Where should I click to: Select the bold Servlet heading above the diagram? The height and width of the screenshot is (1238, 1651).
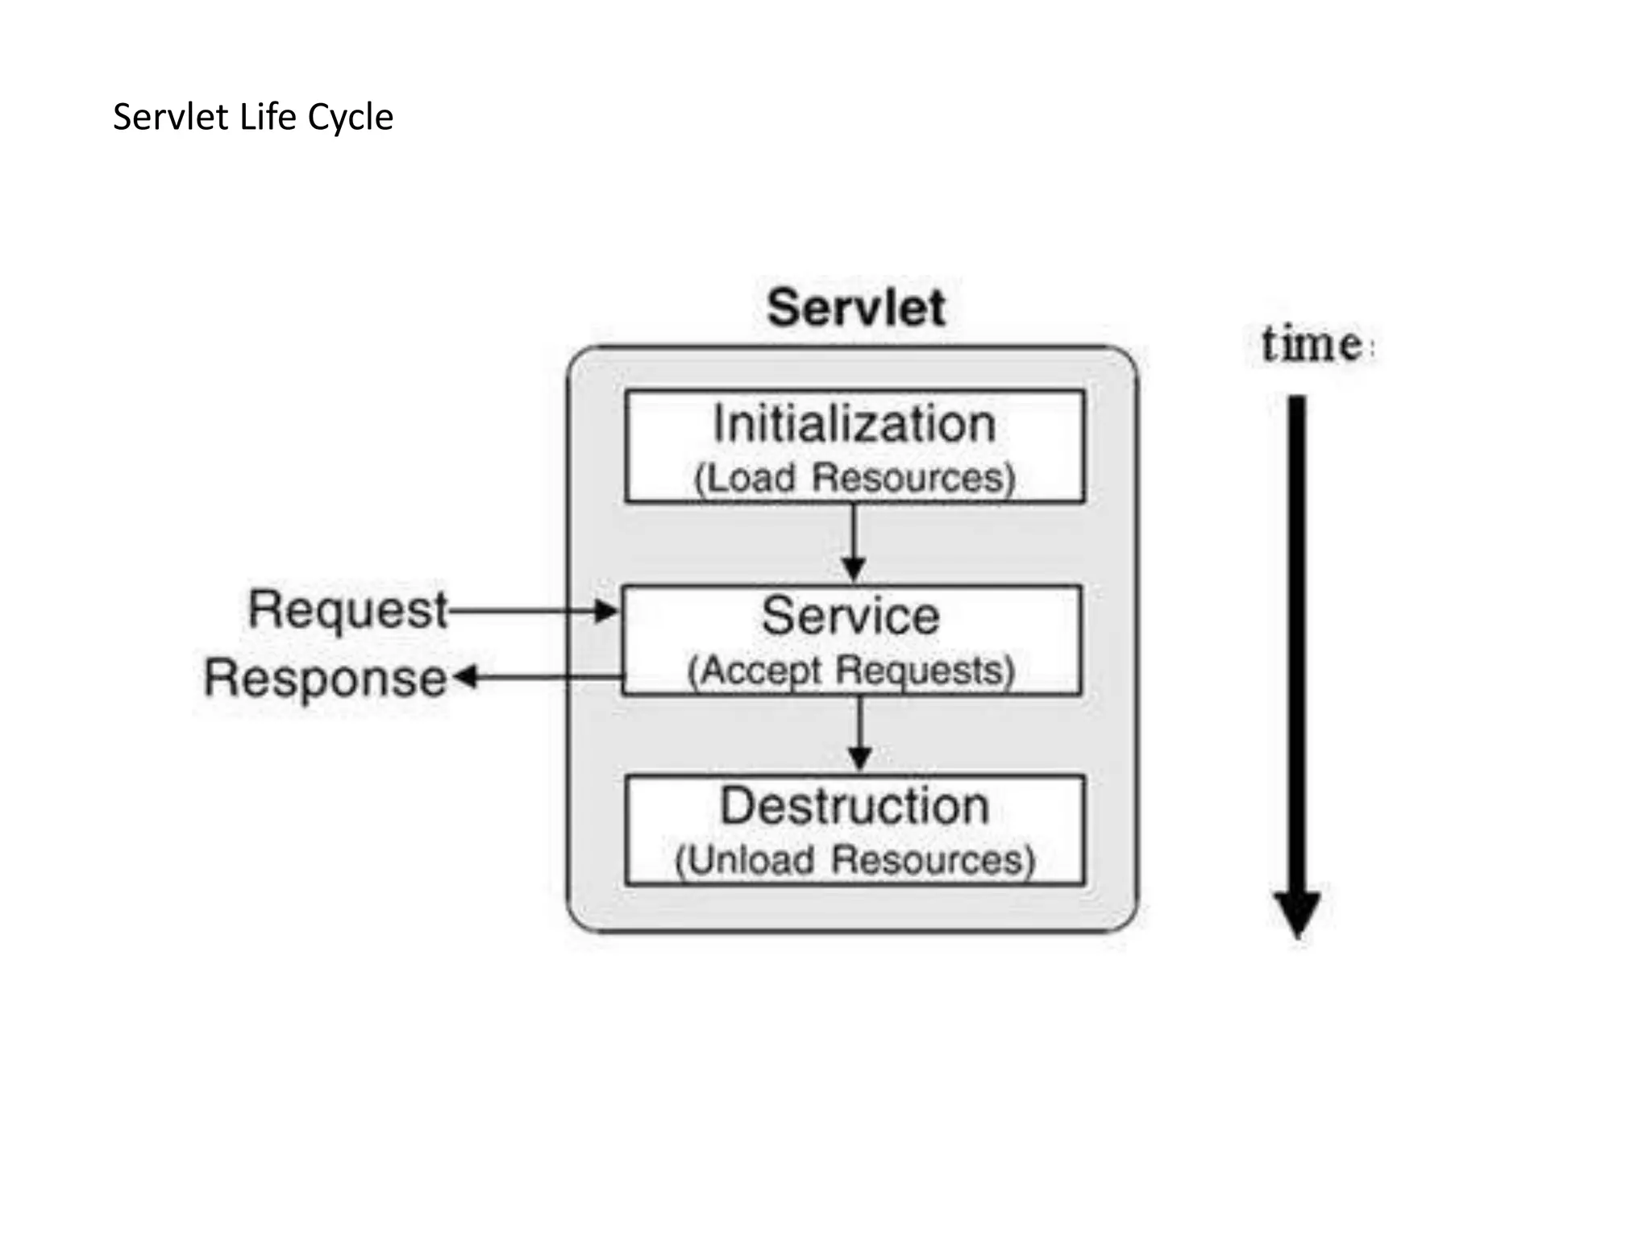click(855, 308)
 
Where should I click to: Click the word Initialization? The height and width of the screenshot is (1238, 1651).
click(855, 424)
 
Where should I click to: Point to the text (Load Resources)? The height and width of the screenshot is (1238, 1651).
click(855, 478)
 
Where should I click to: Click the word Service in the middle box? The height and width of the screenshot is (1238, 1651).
click(851, 617)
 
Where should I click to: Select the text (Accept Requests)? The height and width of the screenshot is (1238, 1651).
click(851, 671)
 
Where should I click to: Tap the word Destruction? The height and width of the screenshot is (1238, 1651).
click(855, 806)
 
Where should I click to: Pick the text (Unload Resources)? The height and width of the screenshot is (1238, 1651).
click(855, 860)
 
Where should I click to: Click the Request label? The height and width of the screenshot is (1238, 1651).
click(347, 610)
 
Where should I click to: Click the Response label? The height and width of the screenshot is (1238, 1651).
click(325, 679)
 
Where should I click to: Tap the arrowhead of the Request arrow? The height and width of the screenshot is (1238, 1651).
click(605, 611)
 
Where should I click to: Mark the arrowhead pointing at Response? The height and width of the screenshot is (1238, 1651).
click(466, 677)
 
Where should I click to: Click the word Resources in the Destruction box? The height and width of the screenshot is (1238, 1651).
click(933, 860)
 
